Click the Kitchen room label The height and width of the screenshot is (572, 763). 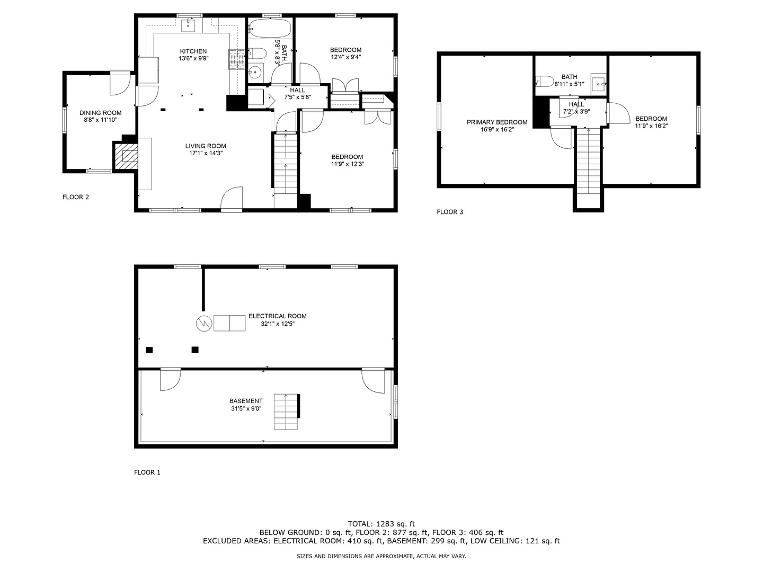(193, 51)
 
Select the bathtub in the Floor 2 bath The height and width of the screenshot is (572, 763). (270, 28)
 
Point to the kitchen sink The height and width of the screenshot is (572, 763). (189, 24)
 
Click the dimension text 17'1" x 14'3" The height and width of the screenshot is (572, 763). (206, 154)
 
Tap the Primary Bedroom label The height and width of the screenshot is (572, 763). (497, 122)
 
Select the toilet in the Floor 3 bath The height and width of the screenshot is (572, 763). (545, 81)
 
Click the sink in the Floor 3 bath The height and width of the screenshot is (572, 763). (599, 83)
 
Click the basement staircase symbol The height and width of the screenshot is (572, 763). (287, 412)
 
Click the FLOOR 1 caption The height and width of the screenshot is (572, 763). (147, 472)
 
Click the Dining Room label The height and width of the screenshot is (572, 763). (100, 113)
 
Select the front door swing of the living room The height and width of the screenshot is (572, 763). (232, 199)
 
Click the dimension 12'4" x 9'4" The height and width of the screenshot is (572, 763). (345, 57)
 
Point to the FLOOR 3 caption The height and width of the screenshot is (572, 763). (450, 212)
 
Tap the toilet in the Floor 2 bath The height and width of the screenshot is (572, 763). (257, 53)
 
